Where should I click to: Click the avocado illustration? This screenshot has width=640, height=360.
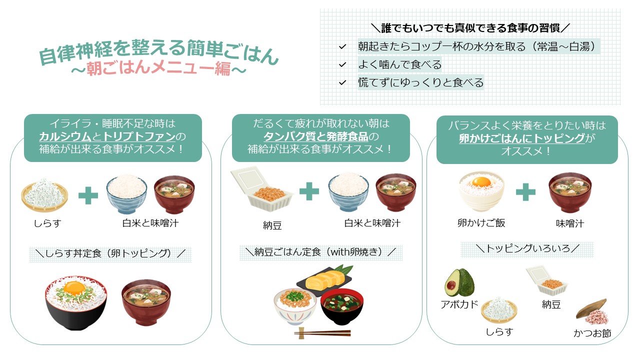[459, 282]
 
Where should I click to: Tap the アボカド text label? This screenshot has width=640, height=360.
[459, 304]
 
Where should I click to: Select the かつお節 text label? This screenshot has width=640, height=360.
[592, 333]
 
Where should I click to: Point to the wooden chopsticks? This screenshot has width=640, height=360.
[322, 333]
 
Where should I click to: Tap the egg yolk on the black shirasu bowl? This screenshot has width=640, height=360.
[74, 288]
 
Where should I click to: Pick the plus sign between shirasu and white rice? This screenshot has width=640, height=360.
[88, 195]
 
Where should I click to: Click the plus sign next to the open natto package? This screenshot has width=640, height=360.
[309, 191]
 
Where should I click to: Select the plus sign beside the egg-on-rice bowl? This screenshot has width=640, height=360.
[525, 192]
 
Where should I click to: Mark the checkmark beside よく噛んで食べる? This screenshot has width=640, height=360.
[342, 65]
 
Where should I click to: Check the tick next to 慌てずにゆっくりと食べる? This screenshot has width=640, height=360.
[342, 83]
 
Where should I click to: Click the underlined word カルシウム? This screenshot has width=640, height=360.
[65, 136]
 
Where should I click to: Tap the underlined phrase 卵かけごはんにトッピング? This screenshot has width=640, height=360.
[522, 138]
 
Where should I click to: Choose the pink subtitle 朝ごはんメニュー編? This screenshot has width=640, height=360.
[158, 68]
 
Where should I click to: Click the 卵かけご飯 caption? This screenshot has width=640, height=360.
[481, 223]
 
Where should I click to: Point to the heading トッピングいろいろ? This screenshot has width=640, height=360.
[527, 248]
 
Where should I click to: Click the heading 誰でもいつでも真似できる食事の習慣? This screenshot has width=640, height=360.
[470, 28]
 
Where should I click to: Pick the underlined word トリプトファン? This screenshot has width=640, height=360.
[139, 136]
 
